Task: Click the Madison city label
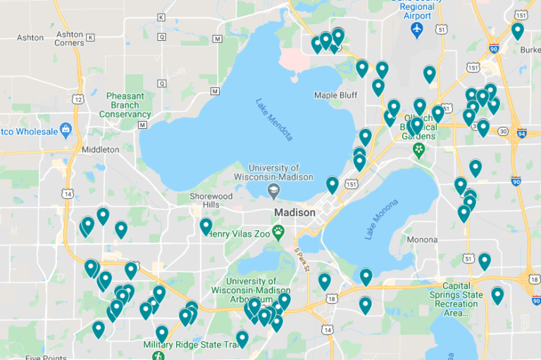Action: click(x=294, y=213)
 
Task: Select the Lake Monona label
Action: click(x=382, y=219)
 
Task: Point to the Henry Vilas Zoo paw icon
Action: click(x=279, y=230)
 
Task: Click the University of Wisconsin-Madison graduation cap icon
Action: click(x=273, y=191)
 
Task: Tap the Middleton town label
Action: click(x=100, y=149)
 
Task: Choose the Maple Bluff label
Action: click(x=335, y=95)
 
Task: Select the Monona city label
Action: click(x=423, y=239)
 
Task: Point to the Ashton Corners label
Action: click(x=70, y=38)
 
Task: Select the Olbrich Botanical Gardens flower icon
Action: click(x=419, y=149)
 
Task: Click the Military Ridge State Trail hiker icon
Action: click(x=156, y=356)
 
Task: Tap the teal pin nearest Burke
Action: click(x=517, y=30)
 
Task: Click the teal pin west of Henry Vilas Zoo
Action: click(x=206, y=226)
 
